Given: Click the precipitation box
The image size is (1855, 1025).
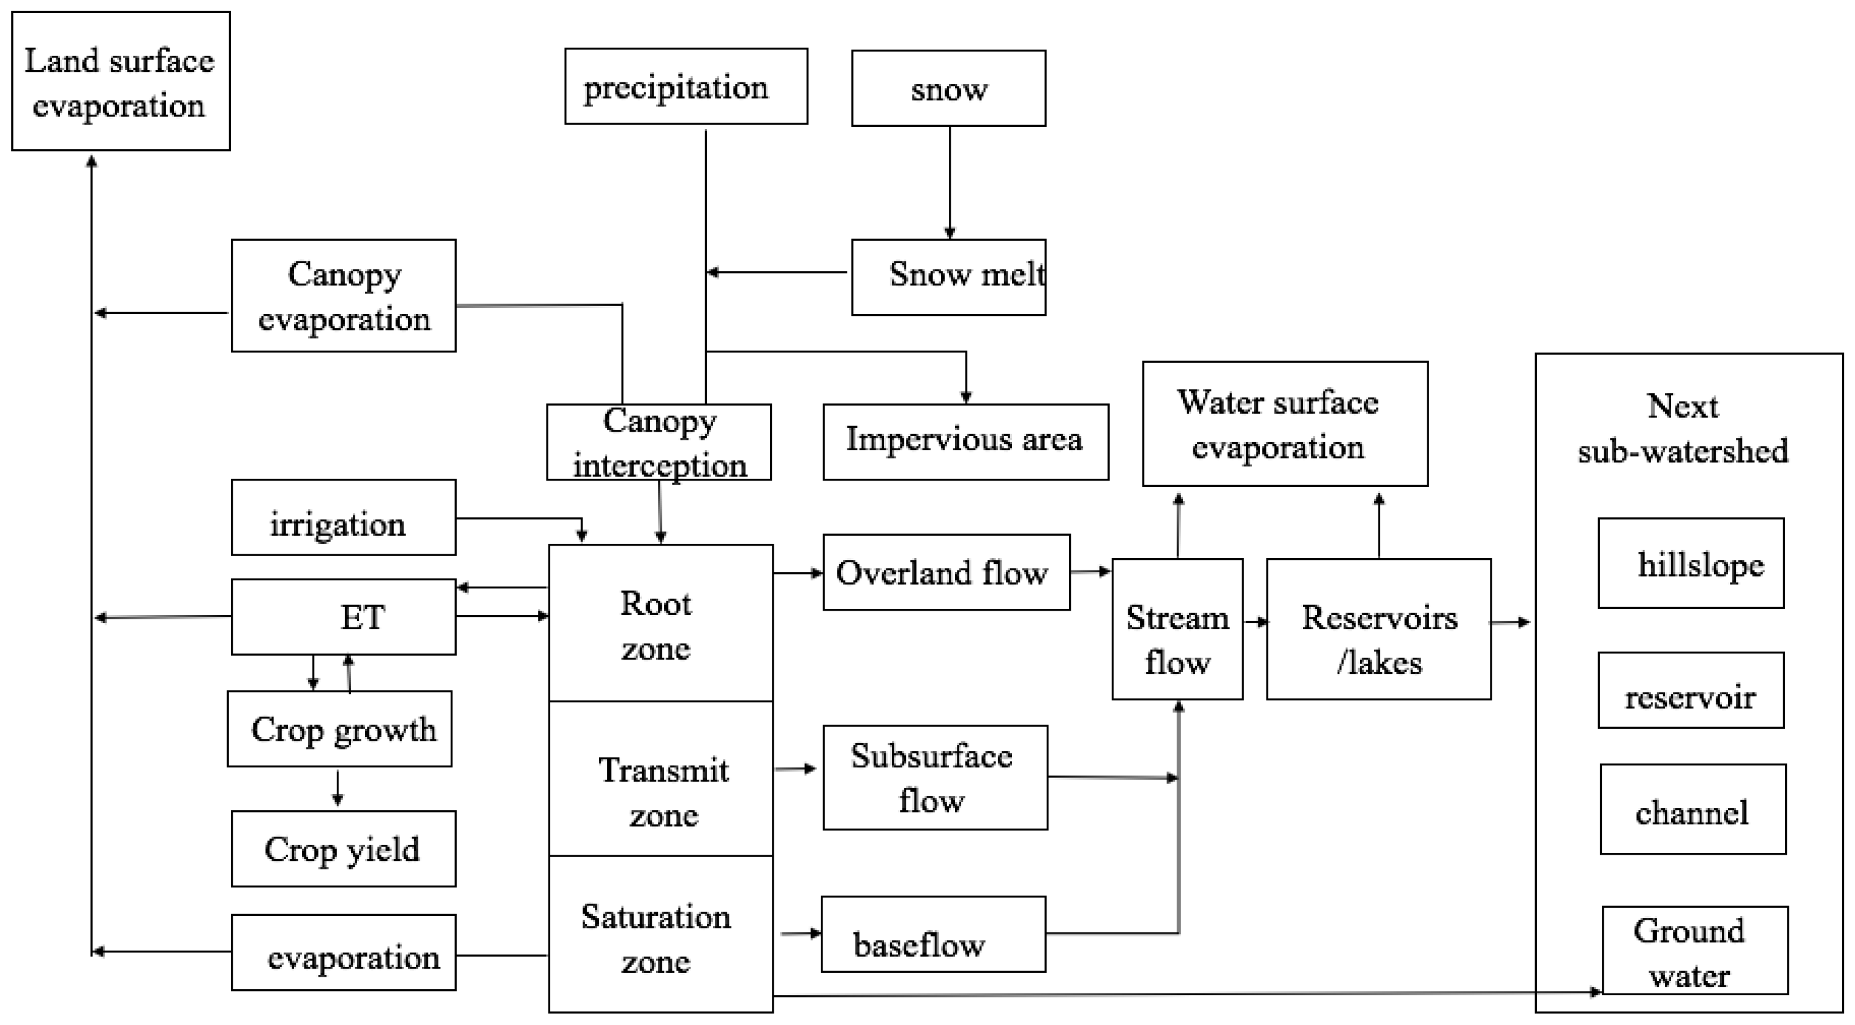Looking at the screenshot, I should (686, 87).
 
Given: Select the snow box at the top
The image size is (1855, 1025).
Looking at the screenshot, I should (948, 89).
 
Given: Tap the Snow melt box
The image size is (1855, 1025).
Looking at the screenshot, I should (948, 277).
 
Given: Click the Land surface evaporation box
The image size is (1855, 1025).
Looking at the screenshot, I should (120, 81).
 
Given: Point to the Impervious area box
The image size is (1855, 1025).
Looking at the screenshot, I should (965, 441).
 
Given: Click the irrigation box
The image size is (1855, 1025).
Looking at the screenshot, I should (343, 517).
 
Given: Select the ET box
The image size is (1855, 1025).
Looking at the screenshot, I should (343, 617).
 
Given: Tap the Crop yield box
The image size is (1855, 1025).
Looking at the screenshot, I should (343, 848).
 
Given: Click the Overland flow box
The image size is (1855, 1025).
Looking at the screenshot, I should (946, 572).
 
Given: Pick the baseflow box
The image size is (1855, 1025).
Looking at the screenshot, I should (933, 933).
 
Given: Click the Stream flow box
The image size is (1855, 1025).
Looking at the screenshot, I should (1177, 629).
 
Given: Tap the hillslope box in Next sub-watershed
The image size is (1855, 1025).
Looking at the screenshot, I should (1690, 562).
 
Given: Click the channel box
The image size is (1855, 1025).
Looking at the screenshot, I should (1692, 808).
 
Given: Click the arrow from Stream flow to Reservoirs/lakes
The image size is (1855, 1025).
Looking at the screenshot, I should (1255, 622).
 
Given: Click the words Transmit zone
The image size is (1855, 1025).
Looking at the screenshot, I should (662, 792).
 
